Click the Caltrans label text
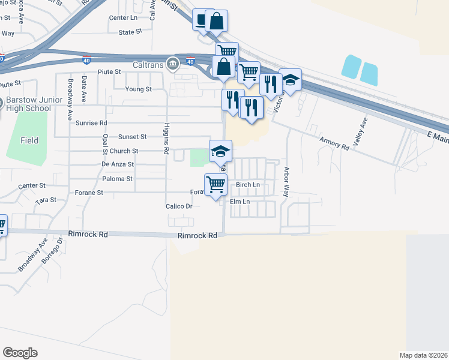[x=149, y=62]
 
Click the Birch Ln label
[x=248, y=185]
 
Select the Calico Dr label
[x=178, y=206]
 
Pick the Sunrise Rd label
[x=91, y=122]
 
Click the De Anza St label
[x=118, y=164]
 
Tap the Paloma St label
[x=117, y=179]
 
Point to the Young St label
[x=138, y=89]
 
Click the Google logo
[x=20, y=352]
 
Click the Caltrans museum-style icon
[x=173, y=62]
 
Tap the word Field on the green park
[x=29, y=140]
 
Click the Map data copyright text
[x=424, y=355]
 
